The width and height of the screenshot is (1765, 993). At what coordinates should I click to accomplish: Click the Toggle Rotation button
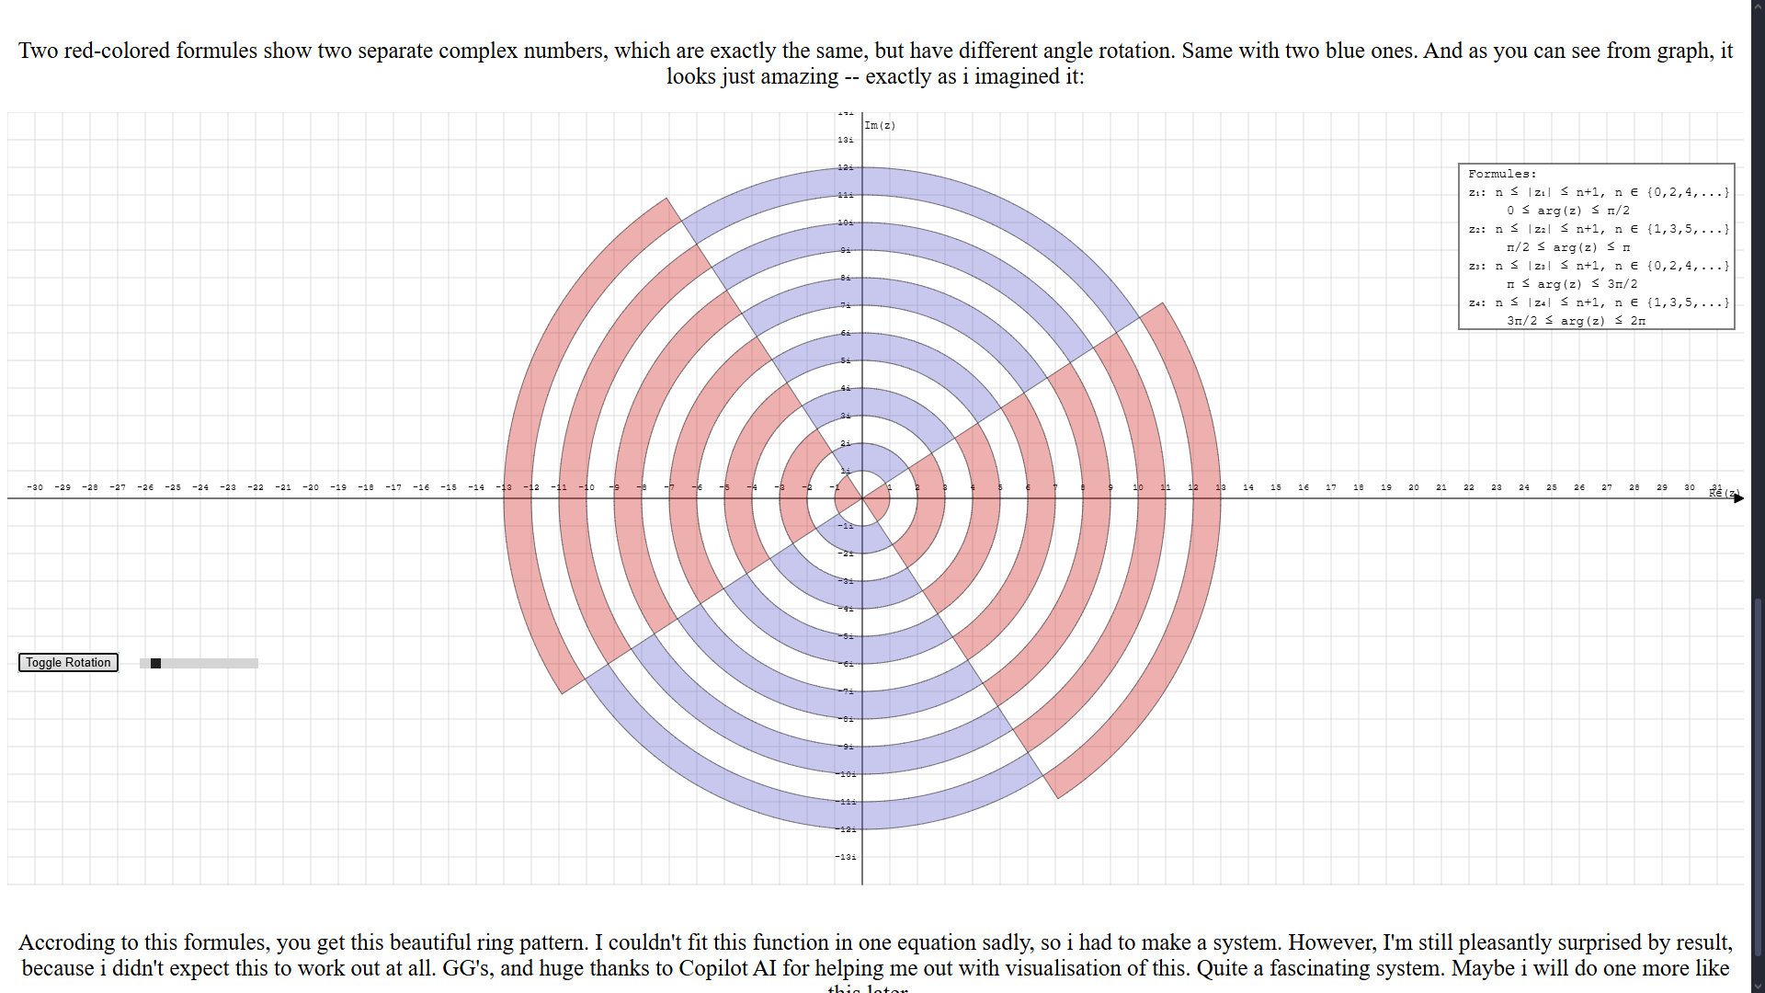tap(68, 663)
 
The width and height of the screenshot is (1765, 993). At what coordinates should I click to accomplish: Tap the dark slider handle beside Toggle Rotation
tap(156, 664)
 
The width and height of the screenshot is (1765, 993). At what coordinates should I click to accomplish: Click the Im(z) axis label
tap(880, 126)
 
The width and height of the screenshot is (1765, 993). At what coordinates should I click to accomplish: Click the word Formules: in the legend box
tap(1502, 174)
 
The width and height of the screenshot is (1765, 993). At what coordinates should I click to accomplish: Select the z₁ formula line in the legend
tap(1599, 192)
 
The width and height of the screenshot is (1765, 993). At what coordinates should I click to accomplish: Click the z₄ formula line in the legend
tap(1599, 302)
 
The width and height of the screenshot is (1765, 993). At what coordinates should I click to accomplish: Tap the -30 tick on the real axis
tap(35, 487)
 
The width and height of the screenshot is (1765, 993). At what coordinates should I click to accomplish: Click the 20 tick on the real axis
tap(1414, 487)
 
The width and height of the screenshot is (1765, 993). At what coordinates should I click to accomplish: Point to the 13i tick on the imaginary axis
tap(846, 140)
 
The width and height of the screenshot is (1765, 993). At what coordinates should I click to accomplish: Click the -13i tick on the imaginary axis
tap(846, 857)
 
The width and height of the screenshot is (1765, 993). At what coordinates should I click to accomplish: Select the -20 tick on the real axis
tap(311, 487)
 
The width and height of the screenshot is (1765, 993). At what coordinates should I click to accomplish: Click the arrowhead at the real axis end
tap(1738, 498)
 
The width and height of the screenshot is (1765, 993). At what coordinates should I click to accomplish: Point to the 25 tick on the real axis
tap(1552, 487)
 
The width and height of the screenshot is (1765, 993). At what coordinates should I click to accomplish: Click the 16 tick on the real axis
tap(1304, 487)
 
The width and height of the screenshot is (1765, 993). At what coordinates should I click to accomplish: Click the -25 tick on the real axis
tap(173, 487)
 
